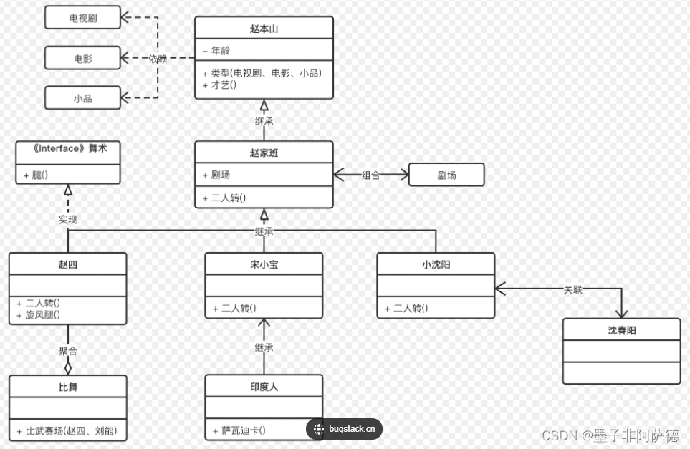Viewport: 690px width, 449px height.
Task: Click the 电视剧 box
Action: pos(82,17)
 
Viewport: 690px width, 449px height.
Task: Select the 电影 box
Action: pos(82,58)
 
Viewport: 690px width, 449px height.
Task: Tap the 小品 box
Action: pos(82,98)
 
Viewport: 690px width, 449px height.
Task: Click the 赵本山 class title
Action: pos(264,29)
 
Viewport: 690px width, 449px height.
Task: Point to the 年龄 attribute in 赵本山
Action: pos(221,51)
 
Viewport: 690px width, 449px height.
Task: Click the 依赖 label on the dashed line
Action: pos(158,59)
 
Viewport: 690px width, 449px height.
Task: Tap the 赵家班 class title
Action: pos(264,152)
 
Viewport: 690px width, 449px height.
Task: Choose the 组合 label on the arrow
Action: pos(370,175)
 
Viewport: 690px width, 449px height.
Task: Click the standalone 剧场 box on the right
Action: pos(446,175)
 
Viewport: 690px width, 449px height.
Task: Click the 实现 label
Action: pos(68,219)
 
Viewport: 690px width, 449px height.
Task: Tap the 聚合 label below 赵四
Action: pos(68,351)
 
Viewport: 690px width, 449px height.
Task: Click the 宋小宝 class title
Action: pos(264,264)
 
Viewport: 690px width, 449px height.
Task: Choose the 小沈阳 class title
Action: pos(436,264)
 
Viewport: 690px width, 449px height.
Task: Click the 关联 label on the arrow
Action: pos(573,289)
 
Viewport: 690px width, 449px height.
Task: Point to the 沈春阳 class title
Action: pos(621,330)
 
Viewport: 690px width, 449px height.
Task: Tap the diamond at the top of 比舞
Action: pos(68,368)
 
